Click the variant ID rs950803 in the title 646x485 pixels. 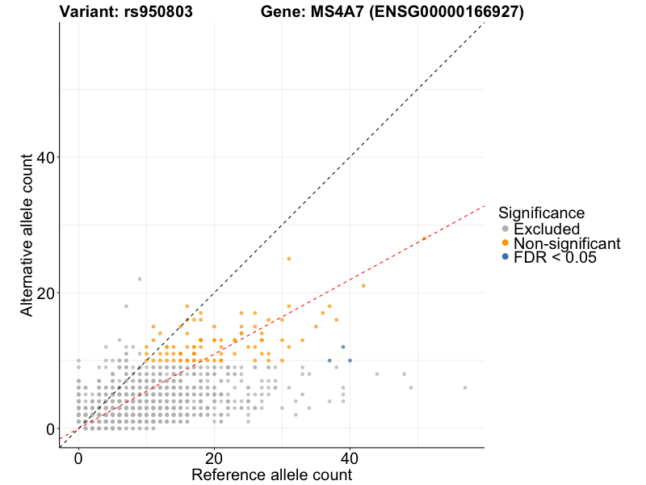(158, 12)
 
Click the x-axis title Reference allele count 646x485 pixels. (271, 474)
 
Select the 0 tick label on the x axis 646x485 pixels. (78, 458)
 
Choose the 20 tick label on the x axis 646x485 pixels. (214, 458)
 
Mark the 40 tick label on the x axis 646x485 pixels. (350, 458)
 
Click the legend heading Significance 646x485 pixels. (541, 213)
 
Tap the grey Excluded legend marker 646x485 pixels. (505, 229)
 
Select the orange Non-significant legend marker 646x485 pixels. (505, 243)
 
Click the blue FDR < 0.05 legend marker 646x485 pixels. (505, 257)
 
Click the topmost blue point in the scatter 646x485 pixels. (343, 347)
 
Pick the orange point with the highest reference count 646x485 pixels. (425, 238)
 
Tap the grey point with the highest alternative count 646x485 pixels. (140, 279)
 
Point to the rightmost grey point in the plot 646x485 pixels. (465, 388)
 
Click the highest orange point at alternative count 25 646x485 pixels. (289, 259)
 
